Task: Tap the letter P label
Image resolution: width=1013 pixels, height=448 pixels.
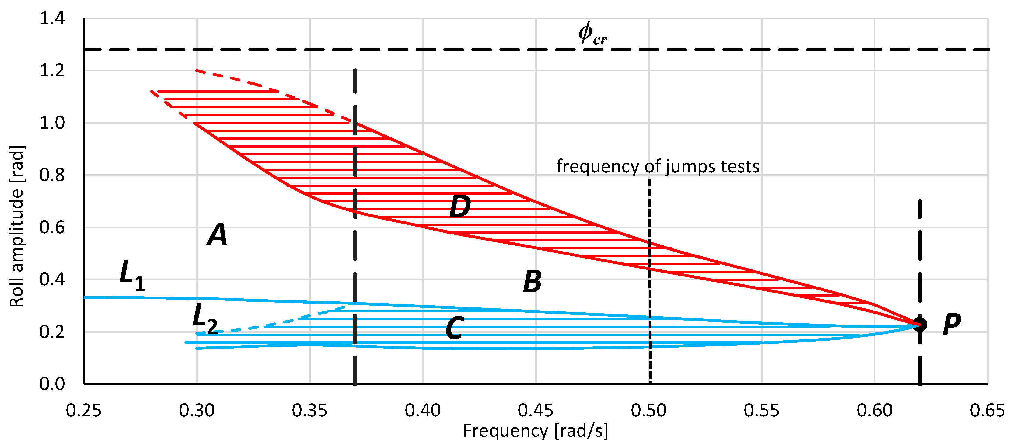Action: [952, 325]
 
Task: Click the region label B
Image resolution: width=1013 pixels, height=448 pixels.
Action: [533, 281]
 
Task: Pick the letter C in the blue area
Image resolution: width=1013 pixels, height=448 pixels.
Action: [455, 328]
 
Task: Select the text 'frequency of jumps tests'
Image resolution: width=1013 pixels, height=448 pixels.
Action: [658, 166]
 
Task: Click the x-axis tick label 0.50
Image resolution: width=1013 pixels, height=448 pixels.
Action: [648, 411]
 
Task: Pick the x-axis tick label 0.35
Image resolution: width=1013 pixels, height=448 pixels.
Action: [309, 411]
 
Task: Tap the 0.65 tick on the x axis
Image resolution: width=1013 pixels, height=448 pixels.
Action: [987, 411]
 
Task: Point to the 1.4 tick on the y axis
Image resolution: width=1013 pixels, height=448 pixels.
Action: [52, 19]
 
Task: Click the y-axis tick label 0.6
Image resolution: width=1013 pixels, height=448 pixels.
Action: [52, 227]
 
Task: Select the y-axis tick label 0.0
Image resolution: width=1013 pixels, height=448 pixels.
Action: [52, 384]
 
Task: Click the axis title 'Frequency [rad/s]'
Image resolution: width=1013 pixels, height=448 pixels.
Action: [535, 431]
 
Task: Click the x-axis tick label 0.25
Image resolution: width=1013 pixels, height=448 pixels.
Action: [83, 411]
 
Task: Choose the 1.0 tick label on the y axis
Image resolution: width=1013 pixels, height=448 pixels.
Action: [52, 123]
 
